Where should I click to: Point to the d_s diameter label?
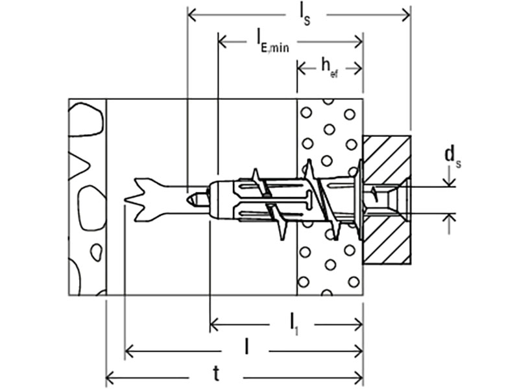click(452, 156)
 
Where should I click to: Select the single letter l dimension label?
click(247, 349)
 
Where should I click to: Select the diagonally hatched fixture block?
click(387, 240)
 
